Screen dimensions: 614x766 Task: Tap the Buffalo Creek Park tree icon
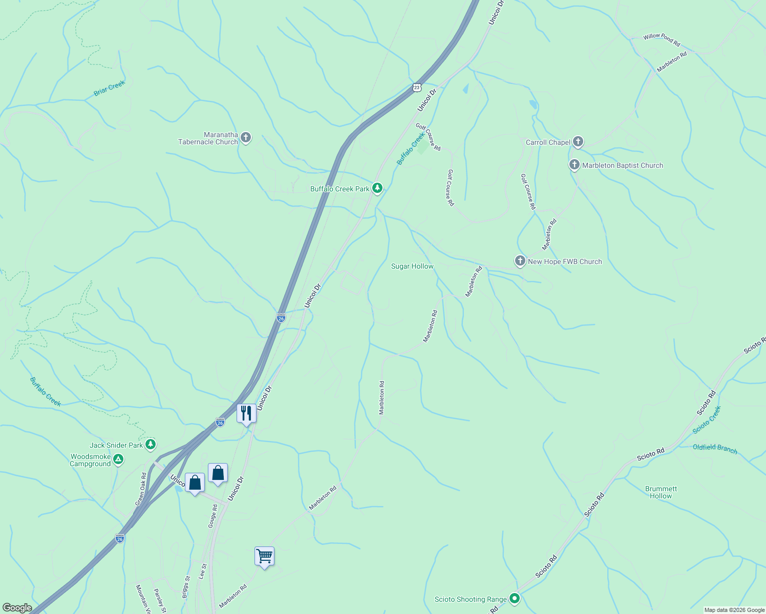(377, 188)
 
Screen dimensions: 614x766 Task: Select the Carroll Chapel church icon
(578, 142)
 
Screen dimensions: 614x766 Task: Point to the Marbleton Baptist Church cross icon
(574, 165)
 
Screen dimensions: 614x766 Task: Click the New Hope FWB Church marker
(520, 261)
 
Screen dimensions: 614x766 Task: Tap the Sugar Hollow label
(412, 266)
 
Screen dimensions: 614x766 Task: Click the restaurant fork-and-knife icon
(246, 413)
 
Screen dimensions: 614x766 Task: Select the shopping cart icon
(264, 556)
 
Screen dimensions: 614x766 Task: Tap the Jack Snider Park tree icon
(151, 444)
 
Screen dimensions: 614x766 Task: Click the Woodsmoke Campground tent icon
(119, 459)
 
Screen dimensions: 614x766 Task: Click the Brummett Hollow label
(661, 492)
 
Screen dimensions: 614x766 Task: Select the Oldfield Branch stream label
(715, 449)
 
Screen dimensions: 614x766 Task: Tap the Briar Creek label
(110, 88)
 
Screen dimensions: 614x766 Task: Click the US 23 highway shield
(417, 87)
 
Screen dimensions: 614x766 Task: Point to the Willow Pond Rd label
(662, 39)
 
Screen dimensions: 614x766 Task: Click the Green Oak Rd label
(141, 489)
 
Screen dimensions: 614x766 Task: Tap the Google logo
(17, 607)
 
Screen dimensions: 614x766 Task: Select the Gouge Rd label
(213, 516)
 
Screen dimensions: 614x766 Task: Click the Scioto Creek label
(707, 420)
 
